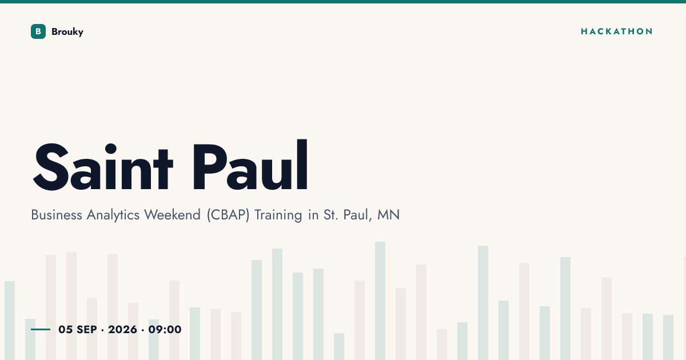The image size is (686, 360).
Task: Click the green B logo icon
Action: (38, 31)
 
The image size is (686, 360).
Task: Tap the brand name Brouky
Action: (67, 32)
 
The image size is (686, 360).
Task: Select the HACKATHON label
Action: (616, 31)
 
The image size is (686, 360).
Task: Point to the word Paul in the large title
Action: (250, 165)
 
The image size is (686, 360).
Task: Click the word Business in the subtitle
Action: (57, 215)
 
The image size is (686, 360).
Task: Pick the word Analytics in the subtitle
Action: (113, 215)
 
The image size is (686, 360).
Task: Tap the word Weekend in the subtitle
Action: (173, 215)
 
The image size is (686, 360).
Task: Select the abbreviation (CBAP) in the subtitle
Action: (228, 215)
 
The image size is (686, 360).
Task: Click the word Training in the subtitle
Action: (278, 215)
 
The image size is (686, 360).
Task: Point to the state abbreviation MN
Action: (388, 215)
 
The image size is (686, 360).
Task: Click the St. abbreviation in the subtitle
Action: (331, 215)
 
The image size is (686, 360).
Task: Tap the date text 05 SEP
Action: (78, 329)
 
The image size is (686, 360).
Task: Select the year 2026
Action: (122, 329)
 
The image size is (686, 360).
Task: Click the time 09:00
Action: (165, 329)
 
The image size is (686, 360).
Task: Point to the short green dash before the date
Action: (41, 329)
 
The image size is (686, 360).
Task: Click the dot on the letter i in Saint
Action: (110, 149)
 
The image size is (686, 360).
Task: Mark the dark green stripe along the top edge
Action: (343, 2)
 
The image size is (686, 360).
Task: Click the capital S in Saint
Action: (50, 167)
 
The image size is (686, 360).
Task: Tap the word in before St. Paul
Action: (313, 215)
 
